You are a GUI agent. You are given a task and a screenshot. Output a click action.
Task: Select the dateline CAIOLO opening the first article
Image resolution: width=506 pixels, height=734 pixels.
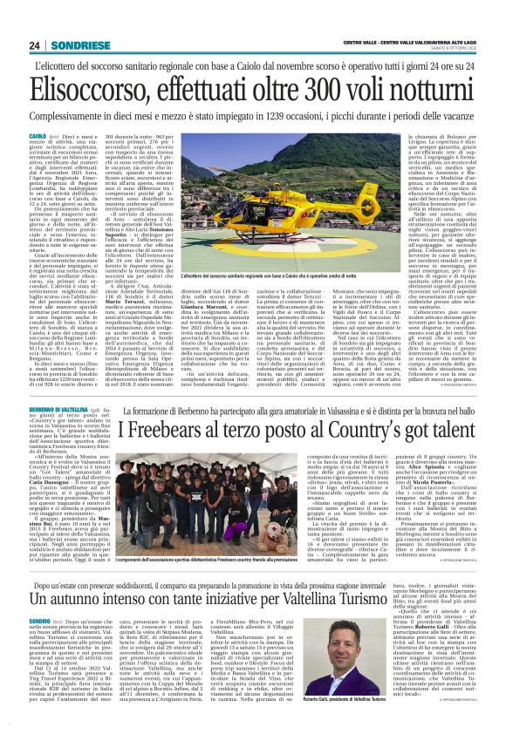[39, 138]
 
